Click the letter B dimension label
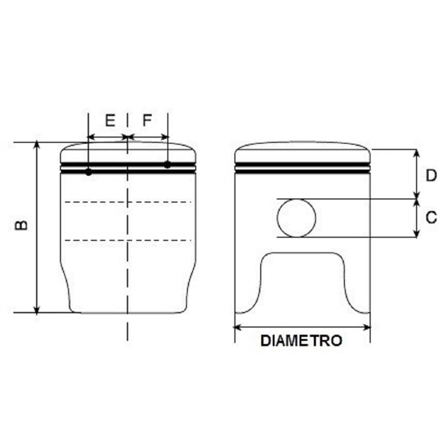click(21, 225)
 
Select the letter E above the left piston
click(110, 120)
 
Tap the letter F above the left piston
click(147, 120)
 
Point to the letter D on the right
click(431, 176)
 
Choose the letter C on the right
click(431, 218)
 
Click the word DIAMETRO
click(301, 341)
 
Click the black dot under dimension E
click(88, 171)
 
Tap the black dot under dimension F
click(167, 164)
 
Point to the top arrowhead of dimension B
click(36, 144)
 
